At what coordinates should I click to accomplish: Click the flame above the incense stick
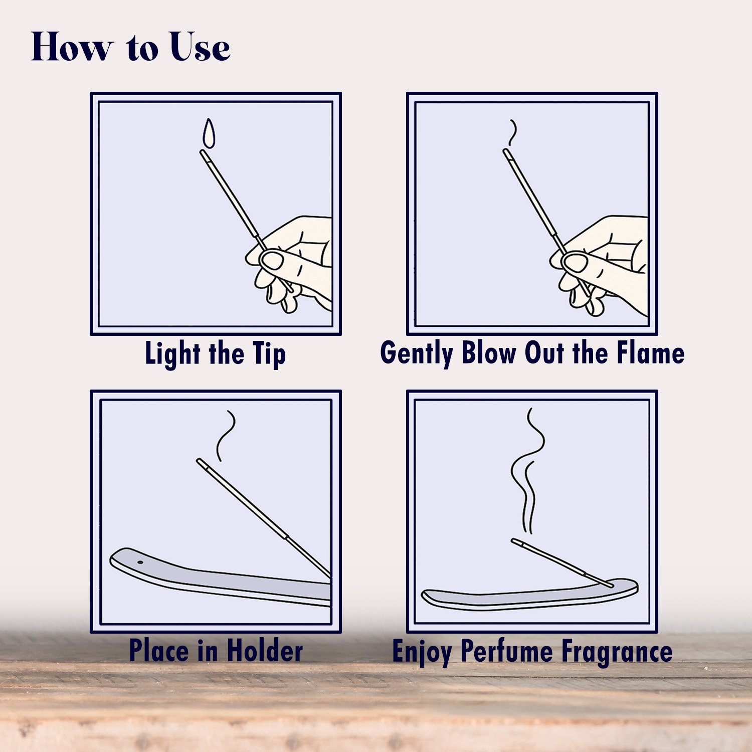[209, 133]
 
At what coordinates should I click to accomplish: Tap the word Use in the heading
[200, 47]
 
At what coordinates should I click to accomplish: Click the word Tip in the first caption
[269, 354]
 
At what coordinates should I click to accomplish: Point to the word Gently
[417, 353]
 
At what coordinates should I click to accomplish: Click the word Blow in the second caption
[489, 352]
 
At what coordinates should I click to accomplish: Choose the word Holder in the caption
[265, 651]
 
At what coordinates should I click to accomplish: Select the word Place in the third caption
[159, 651]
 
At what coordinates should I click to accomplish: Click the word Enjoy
[422, 652]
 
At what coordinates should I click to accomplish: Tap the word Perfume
[506, 651]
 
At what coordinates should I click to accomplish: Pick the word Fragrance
[617, 652]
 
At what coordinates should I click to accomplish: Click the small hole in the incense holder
[140, 562]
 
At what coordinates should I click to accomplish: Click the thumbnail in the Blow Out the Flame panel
[576, 263]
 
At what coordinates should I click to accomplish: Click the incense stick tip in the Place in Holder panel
[200, 461]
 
